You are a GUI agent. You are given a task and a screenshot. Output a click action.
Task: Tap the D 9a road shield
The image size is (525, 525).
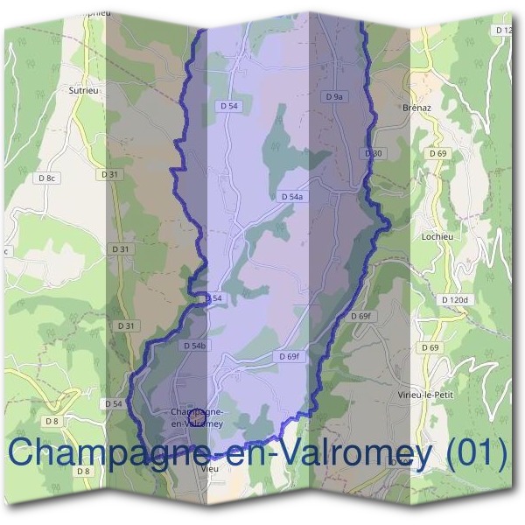[335, 97]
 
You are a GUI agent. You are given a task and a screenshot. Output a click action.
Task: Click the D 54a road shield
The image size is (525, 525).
[292, 197]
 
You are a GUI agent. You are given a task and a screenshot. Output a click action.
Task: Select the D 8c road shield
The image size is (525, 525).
[47, 178]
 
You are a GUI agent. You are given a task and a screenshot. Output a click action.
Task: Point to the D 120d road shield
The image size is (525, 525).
[455, 300]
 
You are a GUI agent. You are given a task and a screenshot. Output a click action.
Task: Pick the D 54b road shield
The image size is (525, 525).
[194, 346]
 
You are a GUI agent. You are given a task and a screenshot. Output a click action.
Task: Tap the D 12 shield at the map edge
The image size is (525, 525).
[505, 31]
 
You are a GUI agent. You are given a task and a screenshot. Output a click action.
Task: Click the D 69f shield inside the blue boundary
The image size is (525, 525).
[289, 356]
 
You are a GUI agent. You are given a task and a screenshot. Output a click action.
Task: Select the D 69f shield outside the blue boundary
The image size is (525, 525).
[360, 315]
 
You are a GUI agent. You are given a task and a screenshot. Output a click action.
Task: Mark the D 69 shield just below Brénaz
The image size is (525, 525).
[438, 153]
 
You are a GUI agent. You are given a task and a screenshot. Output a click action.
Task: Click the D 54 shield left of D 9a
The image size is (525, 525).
[229, 105]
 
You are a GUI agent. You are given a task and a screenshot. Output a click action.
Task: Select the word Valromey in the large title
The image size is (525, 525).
[357, 453]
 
